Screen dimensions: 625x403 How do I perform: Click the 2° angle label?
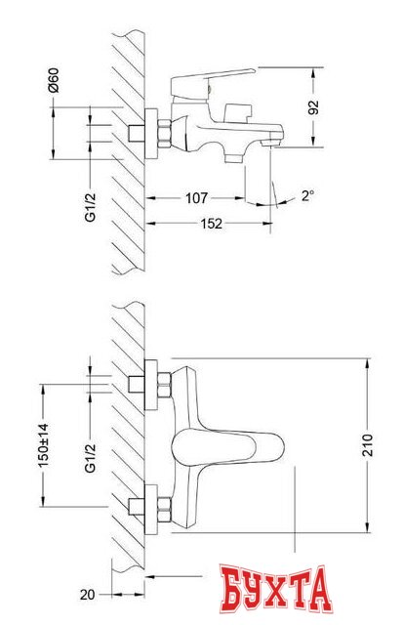(x=307, y=196)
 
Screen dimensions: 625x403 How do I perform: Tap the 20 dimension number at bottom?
(x=87, y=592)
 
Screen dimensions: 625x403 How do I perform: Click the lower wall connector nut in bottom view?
(x=153, y=509)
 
